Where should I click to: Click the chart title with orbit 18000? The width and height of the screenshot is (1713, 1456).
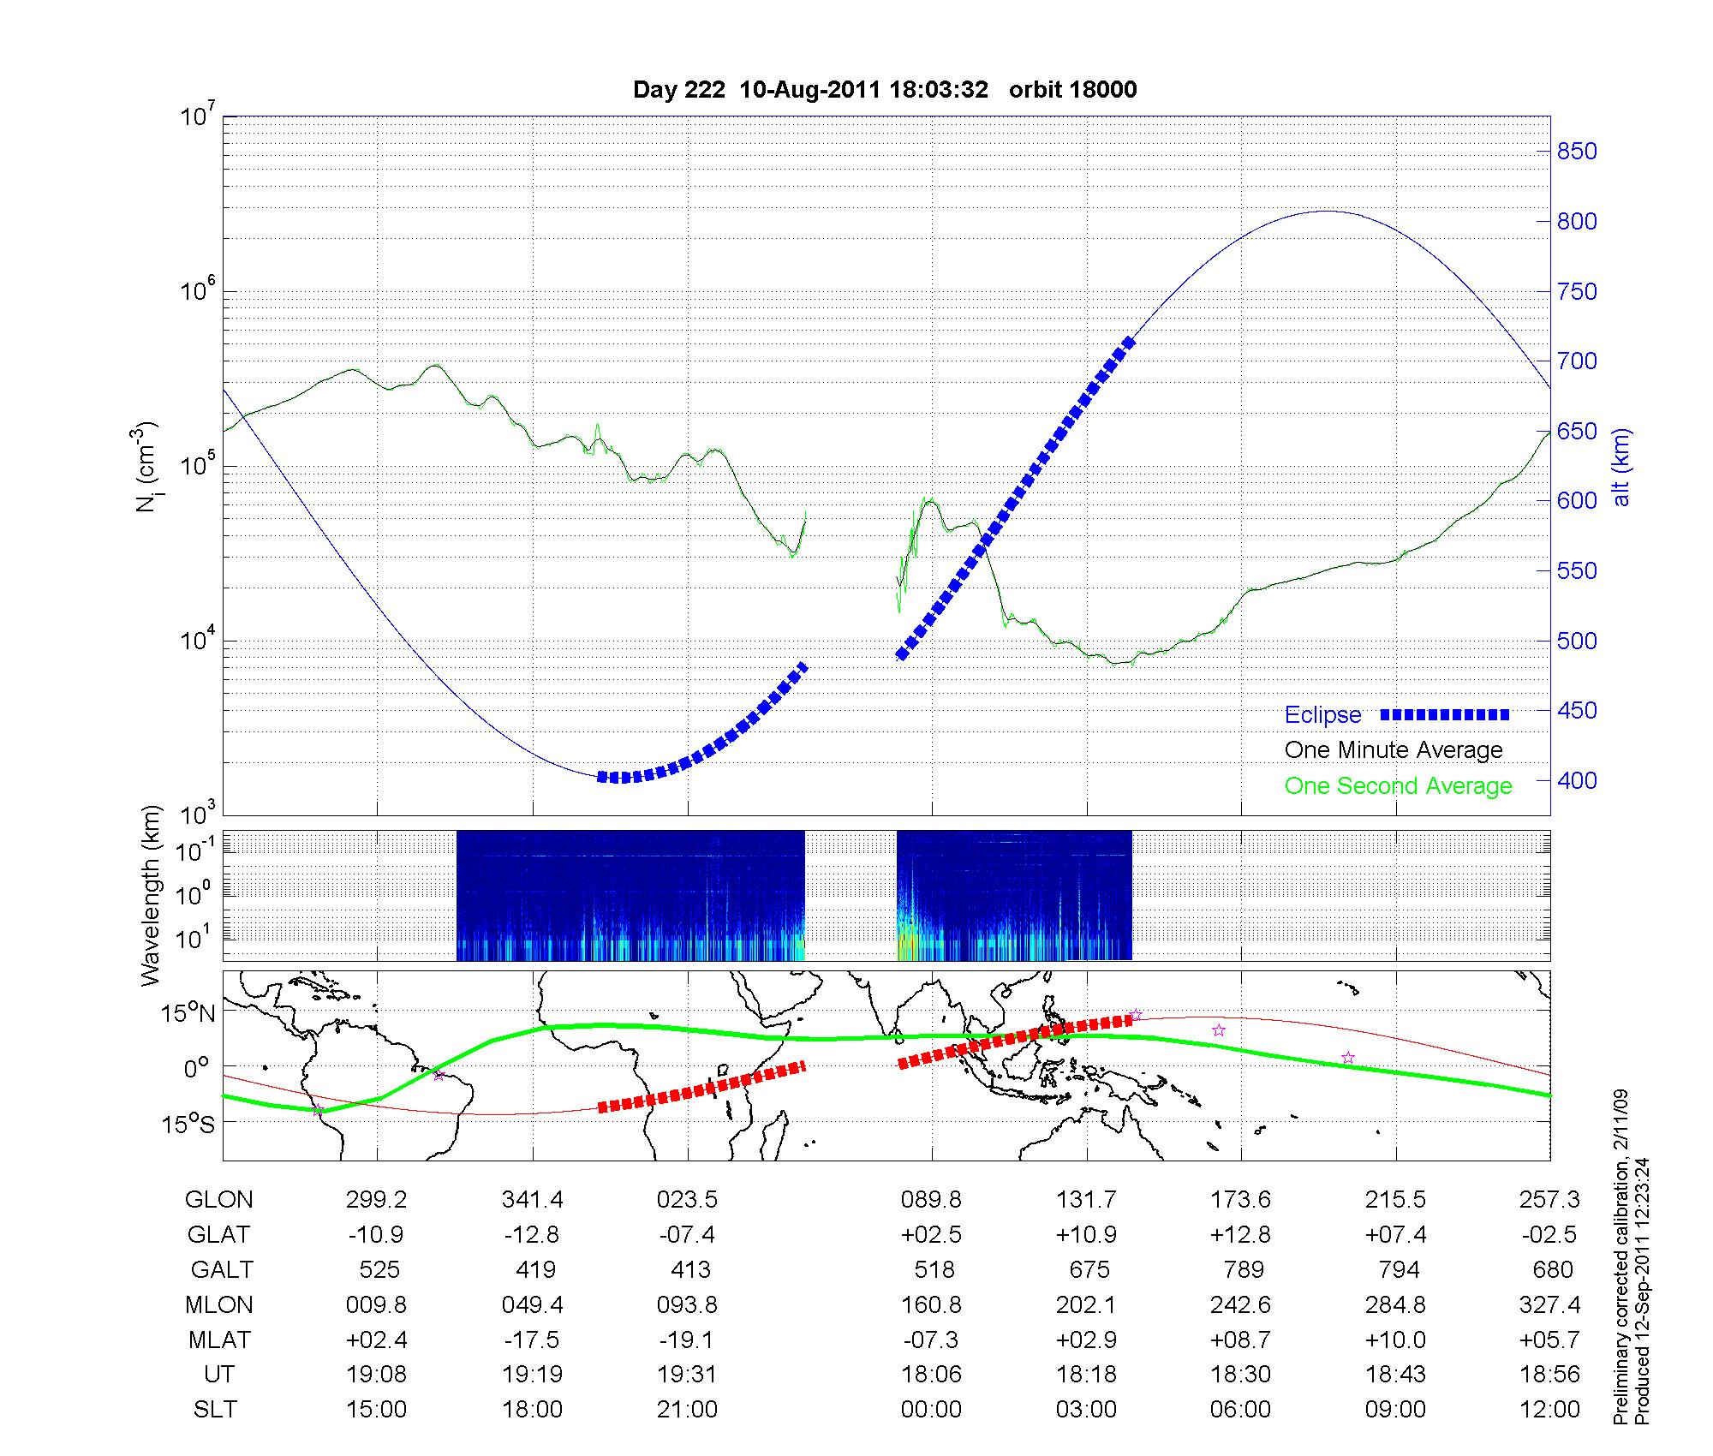885,90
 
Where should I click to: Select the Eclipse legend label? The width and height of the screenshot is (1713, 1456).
1322,715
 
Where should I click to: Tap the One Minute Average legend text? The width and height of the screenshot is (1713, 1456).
1394,750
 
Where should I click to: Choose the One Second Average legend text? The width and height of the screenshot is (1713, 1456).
1398,786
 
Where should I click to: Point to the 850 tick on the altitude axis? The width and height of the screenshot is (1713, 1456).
1577,152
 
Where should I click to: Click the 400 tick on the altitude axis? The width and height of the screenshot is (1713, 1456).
1577,780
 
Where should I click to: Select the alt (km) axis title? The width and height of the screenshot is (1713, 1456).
1621,467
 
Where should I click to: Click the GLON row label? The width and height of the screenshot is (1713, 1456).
218,1200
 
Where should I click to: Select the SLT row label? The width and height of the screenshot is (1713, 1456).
215,1410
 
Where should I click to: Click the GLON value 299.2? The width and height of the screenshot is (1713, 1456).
376,1200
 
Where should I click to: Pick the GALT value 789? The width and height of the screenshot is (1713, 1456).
1243,1270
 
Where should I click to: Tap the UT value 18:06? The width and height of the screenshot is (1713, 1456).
931,1375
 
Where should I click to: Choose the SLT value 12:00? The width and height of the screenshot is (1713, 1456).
1549,1410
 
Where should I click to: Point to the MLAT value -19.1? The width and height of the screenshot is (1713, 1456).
687,1340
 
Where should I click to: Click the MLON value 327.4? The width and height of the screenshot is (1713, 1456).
1549,1305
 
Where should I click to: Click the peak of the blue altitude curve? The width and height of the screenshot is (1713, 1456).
1325,211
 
